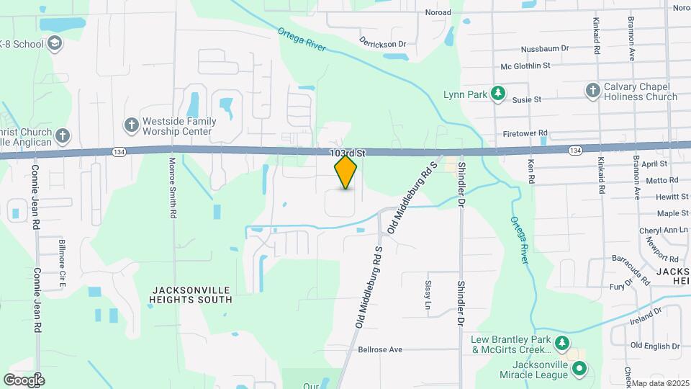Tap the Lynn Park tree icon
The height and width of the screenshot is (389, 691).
(x=497, y=94)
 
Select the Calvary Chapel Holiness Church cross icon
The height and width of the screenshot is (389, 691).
(x=592, y=90)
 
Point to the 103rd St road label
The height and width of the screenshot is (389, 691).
(x=348, y=153)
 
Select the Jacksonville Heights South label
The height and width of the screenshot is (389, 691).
(x=191, y=294)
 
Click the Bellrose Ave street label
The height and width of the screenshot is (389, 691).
(x=381, y=349)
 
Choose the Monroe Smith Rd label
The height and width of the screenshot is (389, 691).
(x=173, y=188)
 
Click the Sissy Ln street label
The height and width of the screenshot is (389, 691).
(x=428, y=295)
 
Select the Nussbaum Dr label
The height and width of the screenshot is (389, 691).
(x=545, y=48)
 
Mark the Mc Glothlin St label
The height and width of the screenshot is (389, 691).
(x=525, y=66)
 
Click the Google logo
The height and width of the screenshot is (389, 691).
(x=23, y=380)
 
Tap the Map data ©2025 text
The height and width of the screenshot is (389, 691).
(x=660, y=383)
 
